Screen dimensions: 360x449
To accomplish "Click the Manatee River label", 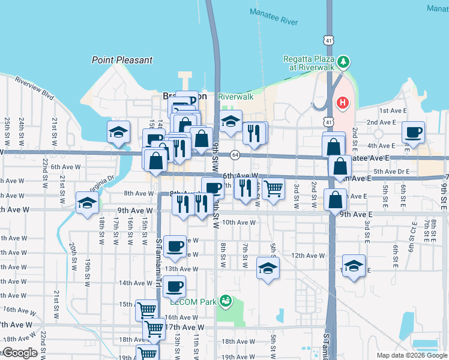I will coord(273,22).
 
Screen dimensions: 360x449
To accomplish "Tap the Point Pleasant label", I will coord(122,60).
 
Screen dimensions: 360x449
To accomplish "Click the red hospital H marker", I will coord(342,103).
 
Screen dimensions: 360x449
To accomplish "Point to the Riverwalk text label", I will coord(235,97).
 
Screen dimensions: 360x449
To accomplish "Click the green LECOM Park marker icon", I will coord(226,300).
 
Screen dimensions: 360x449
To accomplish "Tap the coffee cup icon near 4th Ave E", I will coord(413,132).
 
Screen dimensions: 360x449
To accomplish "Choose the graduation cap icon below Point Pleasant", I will coord(119,132).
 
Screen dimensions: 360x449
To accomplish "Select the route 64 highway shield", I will coord(234,155).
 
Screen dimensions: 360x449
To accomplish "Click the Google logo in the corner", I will coord(19,353).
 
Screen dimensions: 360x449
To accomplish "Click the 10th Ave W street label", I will coord(239,222).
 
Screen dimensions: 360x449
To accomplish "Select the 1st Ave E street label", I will coord(393,111).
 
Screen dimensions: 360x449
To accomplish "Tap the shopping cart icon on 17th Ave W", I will coord(154,328).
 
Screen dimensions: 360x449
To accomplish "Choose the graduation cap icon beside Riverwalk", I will coord(231,121).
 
